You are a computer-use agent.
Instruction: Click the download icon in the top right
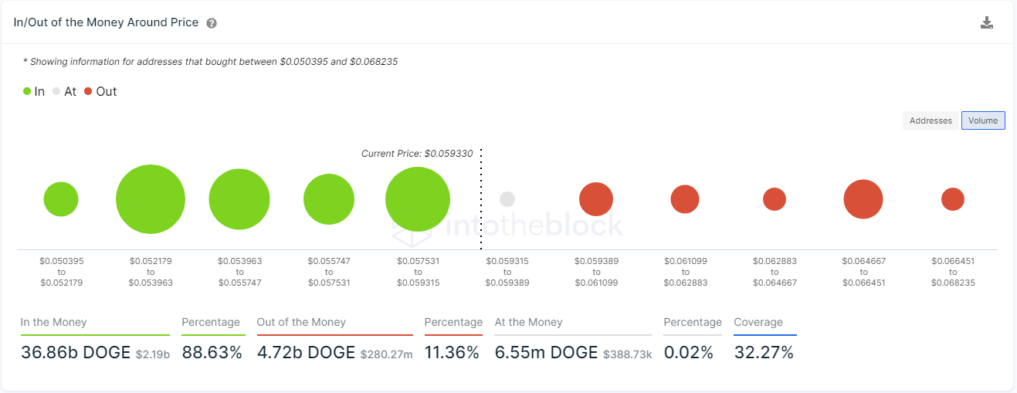tap(987, 22)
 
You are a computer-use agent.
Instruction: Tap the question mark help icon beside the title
tap(212, 23)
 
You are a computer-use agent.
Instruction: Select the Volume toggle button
tap(983, 120)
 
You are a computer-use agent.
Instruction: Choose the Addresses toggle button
tap(931, 120)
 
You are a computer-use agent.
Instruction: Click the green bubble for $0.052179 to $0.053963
tap(151, 199)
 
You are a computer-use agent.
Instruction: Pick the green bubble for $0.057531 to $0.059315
tap(418, 199)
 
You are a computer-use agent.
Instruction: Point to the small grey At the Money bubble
tap(507, 199)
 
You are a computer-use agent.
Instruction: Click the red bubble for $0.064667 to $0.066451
tap(863, 199)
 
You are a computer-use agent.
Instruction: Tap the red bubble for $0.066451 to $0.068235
tap(953, 199)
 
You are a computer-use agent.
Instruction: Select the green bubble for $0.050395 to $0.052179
tap(61, 199)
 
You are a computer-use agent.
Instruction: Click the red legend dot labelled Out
tap(88, 91)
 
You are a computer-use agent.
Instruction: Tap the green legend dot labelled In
tap(27, 91)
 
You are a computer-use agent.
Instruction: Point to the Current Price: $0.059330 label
tap(417, 154)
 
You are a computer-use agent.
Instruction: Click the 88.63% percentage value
tap(212, 353)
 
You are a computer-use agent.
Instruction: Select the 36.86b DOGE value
tap(76, 353)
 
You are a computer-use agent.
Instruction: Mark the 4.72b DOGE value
tap(306, 353)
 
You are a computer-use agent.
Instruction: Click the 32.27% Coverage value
tap(764, 353)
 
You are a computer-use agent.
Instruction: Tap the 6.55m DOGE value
tap(547, 353)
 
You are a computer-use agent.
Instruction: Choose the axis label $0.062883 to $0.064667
tap(775, 272)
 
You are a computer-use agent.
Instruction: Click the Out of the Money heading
tap(301, 322)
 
